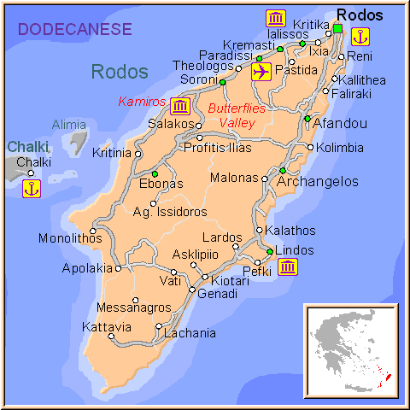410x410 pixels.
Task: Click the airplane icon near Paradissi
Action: point(261,72)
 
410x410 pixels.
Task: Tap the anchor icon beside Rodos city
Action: point(360,36)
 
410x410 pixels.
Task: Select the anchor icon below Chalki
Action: point(31,188)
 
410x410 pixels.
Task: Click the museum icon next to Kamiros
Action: point(180,106)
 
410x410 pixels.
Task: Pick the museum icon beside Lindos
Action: point(288,267)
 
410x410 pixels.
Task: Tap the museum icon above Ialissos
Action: point(275,19)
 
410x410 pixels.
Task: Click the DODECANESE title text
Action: point(75,29)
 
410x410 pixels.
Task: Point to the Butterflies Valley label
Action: point(237,115)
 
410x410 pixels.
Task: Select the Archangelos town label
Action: point(317,181)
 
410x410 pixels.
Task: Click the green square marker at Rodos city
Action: point(337,29)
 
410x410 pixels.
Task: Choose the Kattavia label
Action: point(107,326)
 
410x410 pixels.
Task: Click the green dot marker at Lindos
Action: point(269,251)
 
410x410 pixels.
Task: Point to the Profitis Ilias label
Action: point(218,147)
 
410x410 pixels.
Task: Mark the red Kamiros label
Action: point(141,101)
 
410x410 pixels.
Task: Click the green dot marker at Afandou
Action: point(307,118)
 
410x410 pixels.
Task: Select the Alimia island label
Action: point(68,125)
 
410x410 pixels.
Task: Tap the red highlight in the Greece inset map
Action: point(388,376)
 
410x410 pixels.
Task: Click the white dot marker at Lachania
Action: point(159,325)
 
